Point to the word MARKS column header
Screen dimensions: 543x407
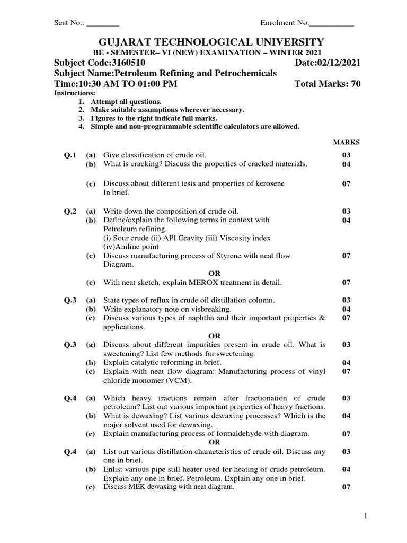[x=346, y=142]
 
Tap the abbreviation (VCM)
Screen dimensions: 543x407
[x=179, y=381]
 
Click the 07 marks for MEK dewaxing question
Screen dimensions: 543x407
[x=346, y=487]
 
